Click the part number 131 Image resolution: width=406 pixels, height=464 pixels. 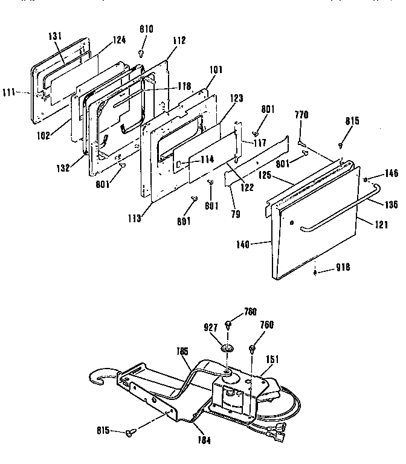(55, 36)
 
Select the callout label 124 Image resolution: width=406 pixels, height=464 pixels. (119, 40)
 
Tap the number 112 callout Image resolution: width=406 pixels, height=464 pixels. (179, 40)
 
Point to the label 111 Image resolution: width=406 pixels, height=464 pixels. (8, 92)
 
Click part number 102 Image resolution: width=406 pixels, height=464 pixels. (43, 136)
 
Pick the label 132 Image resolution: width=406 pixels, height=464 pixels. (63, 168)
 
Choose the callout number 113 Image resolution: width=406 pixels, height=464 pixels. (135, 218)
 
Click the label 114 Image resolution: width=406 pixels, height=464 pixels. (207, 159)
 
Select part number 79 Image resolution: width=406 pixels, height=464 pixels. (236, 214)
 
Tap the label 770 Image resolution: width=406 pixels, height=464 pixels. (301, 115)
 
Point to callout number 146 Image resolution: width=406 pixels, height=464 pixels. (391, 173)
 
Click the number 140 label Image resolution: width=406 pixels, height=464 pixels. (243, 245)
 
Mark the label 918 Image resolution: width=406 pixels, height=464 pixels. (343, 267)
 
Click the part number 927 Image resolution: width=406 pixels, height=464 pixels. (211, 327)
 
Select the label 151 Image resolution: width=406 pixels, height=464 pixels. (272, 359)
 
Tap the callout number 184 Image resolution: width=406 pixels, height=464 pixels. (204, 440)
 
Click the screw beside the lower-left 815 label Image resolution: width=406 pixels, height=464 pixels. (129, 433)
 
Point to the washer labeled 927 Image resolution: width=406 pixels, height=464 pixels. (227, 348)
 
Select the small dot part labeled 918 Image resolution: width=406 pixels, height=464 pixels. (315, 272)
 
